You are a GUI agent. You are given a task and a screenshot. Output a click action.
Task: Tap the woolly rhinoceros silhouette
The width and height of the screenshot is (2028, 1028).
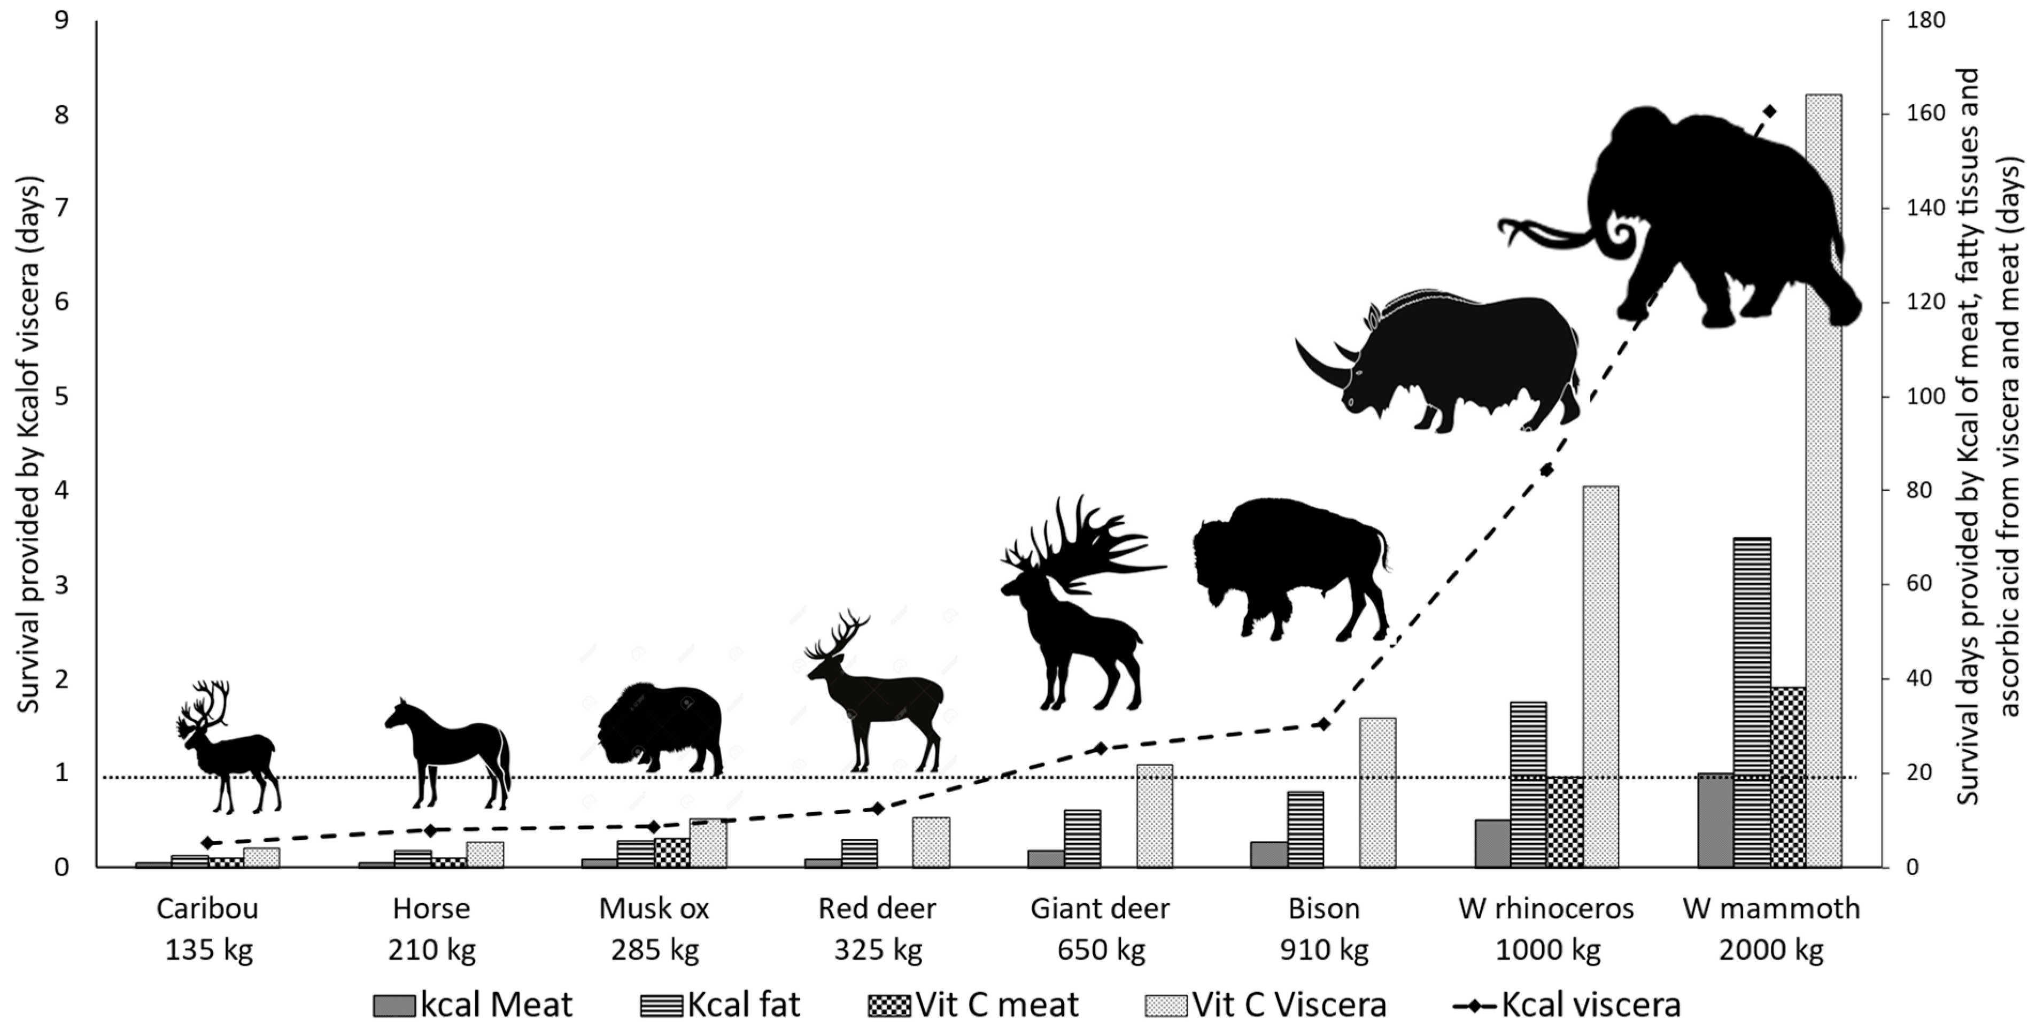coord(1457,362)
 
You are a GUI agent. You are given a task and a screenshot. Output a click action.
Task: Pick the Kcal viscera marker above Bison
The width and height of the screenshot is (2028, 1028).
coord(1323,723)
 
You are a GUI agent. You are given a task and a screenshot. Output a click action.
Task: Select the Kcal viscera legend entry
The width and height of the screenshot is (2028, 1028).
coord(1567,1005)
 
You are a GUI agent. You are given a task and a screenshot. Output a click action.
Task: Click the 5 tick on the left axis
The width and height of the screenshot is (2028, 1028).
coord(61,396)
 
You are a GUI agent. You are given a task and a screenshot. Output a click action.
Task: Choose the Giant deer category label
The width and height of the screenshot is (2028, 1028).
coord(1100,908)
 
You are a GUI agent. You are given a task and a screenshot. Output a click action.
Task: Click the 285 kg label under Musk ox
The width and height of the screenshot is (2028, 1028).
coord(654,950)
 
